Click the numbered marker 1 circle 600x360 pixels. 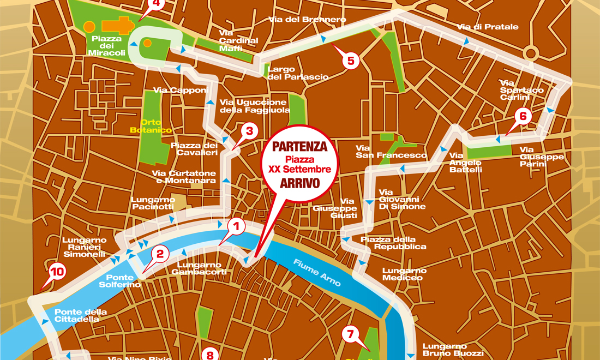236,225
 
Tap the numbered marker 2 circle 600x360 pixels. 160,254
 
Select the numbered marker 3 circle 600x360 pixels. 249,131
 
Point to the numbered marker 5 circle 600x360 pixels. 351,61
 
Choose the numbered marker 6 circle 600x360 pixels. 523,116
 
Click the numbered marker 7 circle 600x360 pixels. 351,334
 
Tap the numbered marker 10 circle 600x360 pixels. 56,271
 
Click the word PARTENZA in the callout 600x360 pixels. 300,147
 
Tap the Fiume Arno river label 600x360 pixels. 317,273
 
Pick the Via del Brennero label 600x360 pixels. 308,20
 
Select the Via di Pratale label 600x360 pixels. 488,27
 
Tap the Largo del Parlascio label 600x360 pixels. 298,73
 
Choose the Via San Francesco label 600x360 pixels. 391,152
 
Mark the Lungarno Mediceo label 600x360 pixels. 404,274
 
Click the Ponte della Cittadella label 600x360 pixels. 81,315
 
